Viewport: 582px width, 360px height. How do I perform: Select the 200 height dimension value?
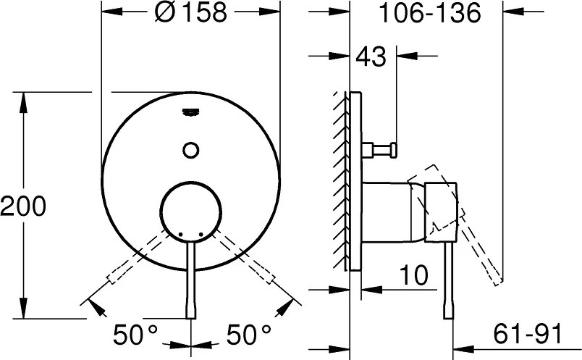click(23, 207)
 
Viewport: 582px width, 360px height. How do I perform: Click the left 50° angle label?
click(135, 334)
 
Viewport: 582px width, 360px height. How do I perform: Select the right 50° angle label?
click(248, 334)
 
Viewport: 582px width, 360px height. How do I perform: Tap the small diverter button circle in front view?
click(191, 149)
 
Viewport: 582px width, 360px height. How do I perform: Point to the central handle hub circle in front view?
click(191, 209)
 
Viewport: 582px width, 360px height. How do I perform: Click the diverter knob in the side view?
click(383, 149)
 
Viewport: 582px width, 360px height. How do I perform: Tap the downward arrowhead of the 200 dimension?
click(25, 311)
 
